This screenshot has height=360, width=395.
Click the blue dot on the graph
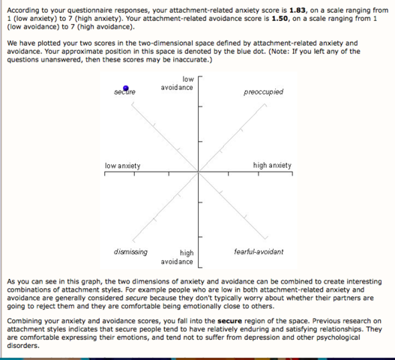click(126, 89)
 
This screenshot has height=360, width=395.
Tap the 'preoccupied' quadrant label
click(263, 92)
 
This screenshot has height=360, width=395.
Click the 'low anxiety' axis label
click(122, 165)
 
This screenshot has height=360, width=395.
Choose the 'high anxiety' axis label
click(272, 165)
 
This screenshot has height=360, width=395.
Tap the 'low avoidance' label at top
click(177, 83)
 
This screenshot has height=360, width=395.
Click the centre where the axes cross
click(198, 172)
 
